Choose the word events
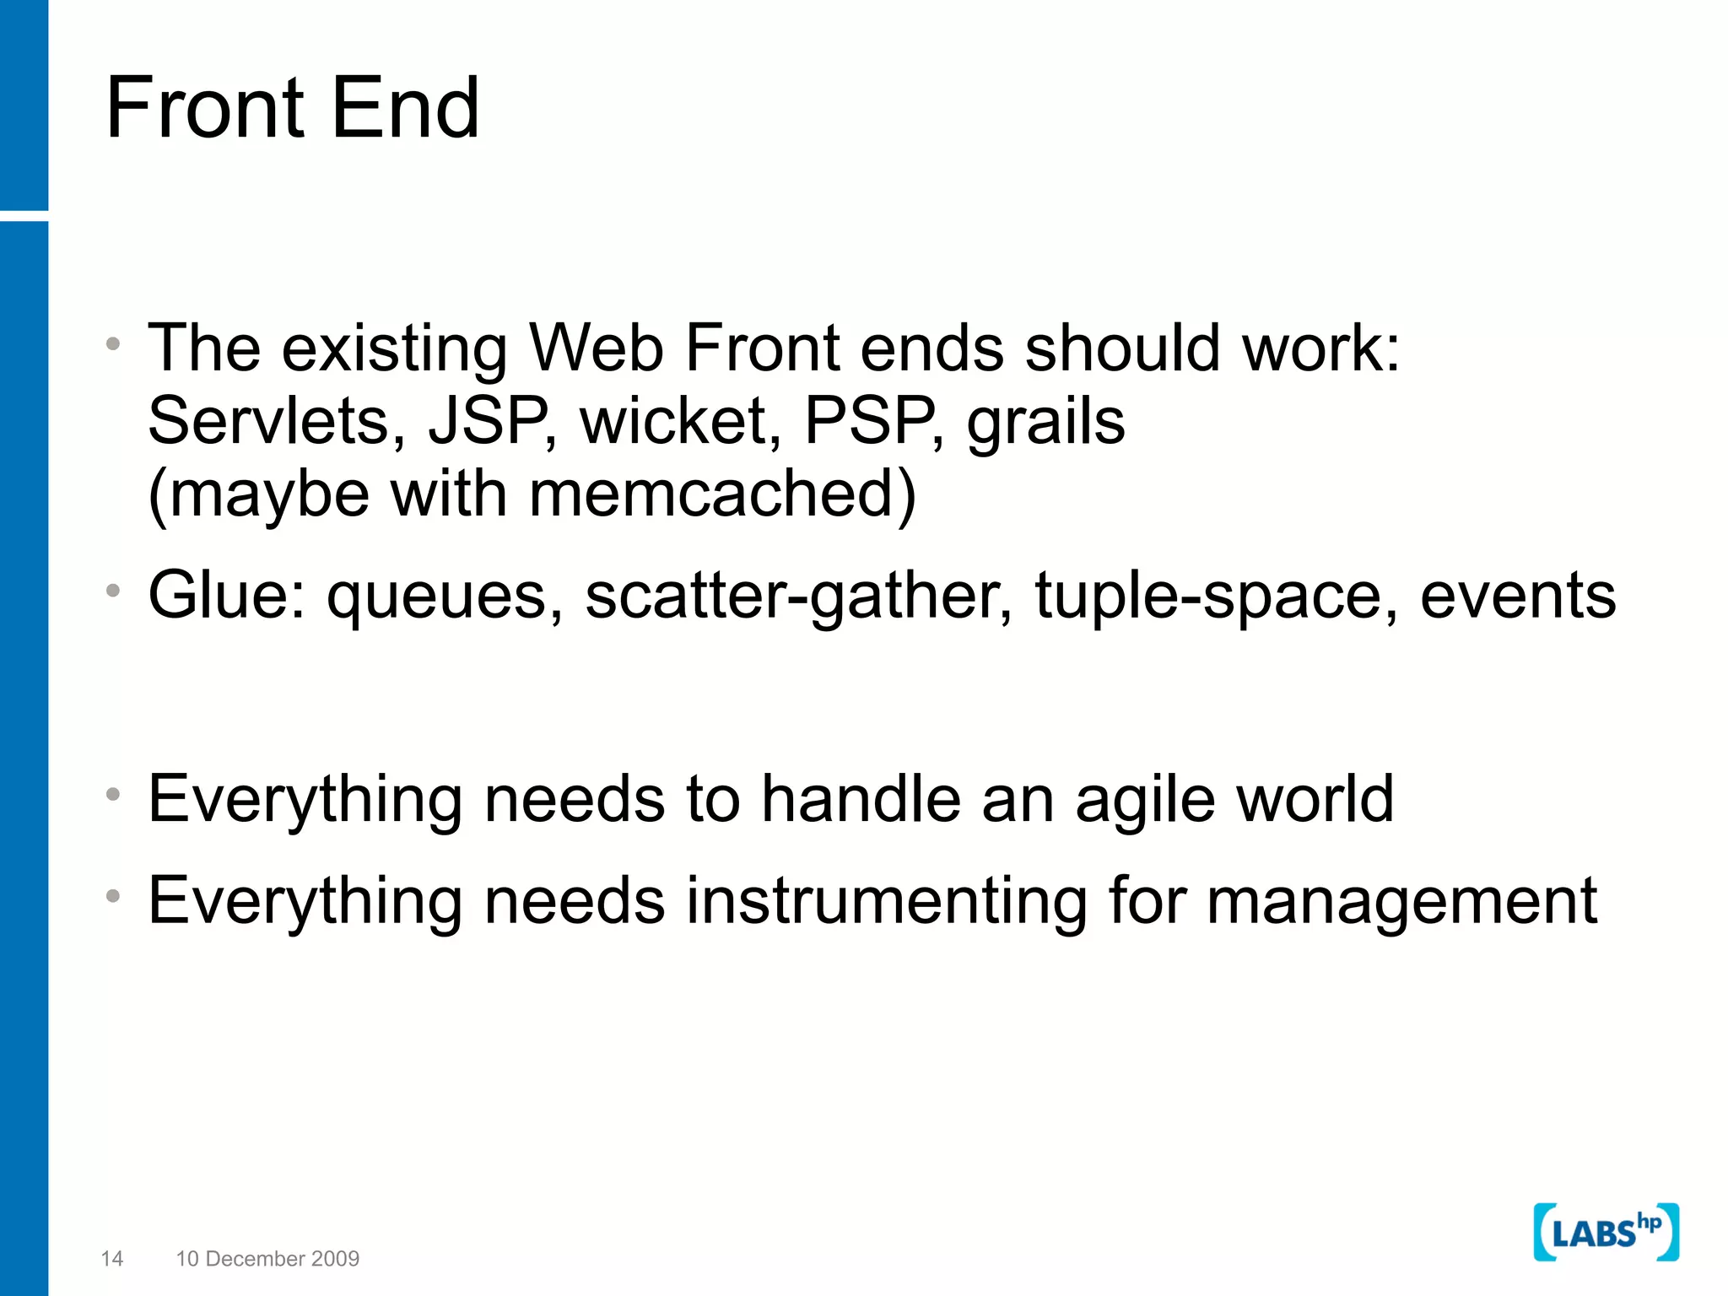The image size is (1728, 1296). click(x=1518, y=596)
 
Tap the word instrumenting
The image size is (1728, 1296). click(x=885, y=901)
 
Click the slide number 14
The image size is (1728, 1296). click(x=112, y=1259)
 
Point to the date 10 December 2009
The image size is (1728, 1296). click(x=267, y=1259)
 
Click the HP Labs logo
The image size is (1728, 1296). click(x=1606, y=1233)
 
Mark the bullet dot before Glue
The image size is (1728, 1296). click(x=113, y=591)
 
